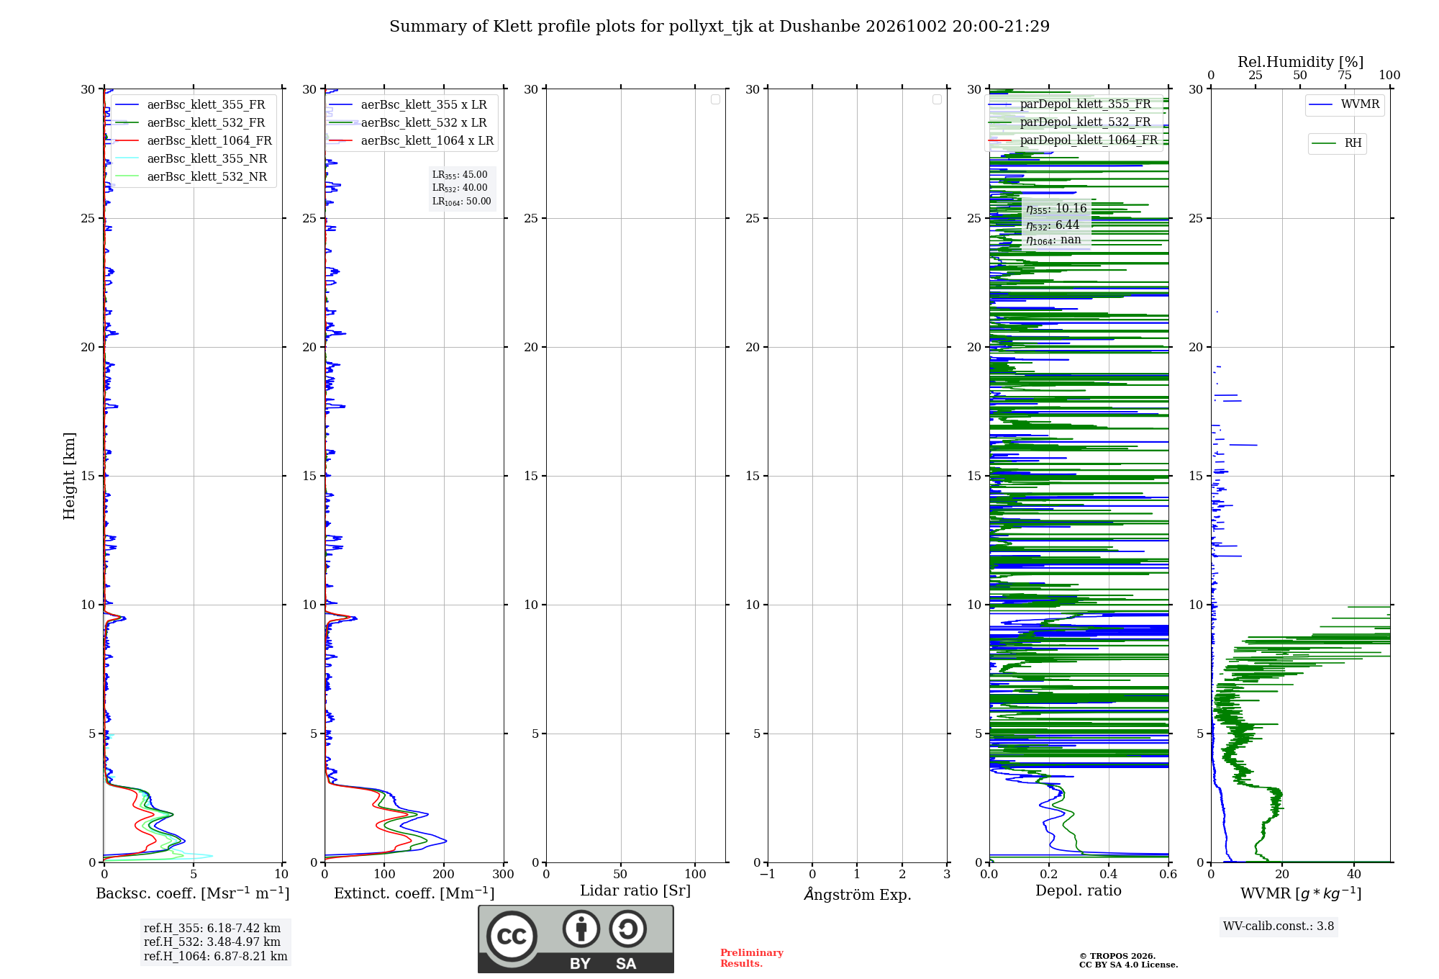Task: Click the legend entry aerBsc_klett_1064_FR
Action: [192, 140]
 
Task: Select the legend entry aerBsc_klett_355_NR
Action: [190, 158]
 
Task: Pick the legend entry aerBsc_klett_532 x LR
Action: [408, 122]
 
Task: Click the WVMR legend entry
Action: [1344, 104]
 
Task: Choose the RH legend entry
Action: [1337, 143]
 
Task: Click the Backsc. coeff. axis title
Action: [193, 893]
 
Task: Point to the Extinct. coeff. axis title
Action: [414, 893]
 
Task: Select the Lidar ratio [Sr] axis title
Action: [635, 891]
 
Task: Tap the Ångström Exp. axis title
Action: [858, 894]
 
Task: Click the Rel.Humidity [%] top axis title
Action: [1301, 62]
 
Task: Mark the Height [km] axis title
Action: [69, 476]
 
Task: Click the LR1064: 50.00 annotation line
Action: [462, 202]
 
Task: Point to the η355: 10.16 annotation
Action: [1056, 209]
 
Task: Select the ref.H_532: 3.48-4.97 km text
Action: [212, 942]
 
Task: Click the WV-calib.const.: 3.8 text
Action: [1279, 926]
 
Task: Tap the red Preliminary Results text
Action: [752, 958]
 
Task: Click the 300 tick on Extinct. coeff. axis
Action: [504, 874]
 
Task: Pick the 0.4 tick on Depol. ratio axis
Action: [1109, 874]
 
